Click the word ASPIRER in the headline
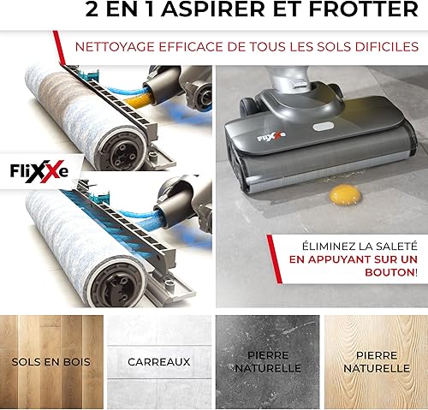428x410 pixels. pyautogui.click(x=214, y=9)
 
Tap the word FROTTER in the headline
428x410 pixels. pyautogui.click(x=364, y=9)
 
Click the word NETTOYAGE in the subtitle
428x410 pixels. pyautogui.click(x=115, y=47)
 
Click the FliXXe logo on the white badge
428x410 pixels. pyautogui.click(x=39, y=171)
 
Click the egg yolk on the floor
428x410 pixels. pyautogui.click(x=345, y=194)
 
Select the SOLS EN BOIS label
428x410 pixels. pyautogui.click(x=51, y=362)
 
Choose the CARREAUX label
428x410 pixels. pyautogui.click(x=159, y=362)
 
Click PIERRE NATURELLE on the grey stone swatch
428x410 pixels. pyautogui.click(x=268, y=362)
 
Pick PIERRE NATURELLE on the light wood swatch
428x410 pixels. pyautogui.click(x=377, y=362)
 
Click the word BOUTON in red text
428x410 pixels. pyautogui.click(x=389, y=272)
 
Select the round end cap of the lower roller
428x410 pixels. pyautogui.click(x=116, y=283)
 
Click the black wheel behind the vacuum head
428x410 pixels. pyautogui.click(x=247, y=107)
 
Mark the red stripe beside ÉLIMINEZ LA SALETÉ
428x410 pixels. pyautogui.click(x=274, y=259)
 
